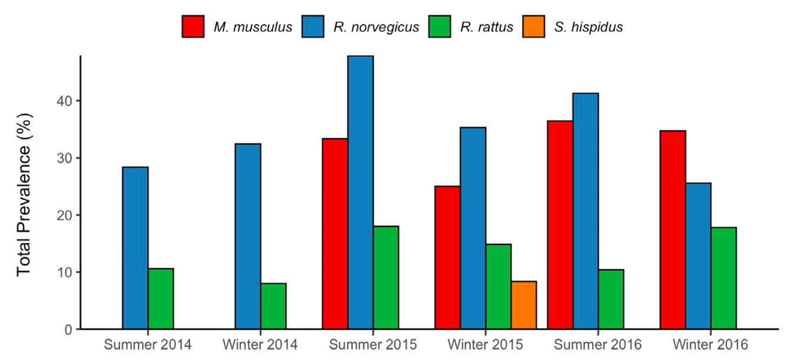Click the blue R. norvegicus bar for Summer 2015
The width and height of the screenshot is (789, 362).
[361, 192]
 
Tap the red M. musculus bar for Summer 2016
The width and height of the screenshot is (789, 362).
[560, 225]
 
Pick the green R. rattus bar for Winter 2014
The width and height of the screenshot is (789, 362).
[273, 306]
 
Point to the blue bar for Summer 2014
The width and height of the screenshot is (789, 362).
[136, 248]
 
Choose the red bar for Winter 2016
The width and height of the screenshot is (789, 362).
[672, 230]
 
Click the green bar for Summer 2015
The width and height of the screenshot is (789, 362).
[386, 277]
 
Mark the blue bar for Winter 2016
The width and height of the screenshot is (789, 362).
[698, 256]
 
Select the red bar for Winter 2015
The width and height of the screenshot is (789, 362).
[448, 257]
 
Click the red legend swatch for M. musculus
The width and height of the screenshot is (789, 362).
[193, 27]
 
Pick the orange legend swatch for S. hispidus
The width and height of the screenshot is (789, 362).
[534, 27]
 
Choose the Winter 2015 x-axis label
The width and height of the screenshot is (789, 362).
[485, 345]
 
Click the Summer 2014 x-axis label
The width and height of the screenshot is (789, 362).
[148, 345]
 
